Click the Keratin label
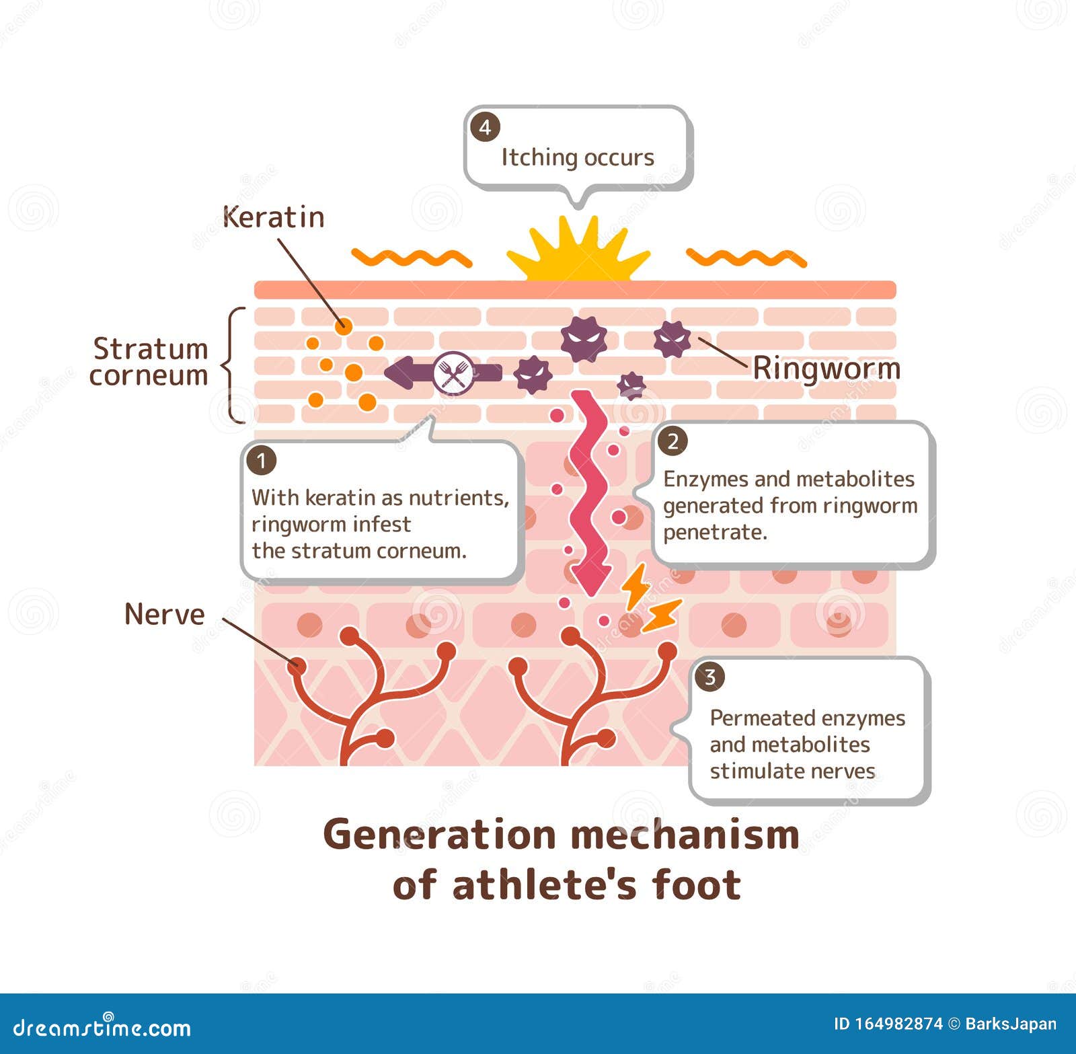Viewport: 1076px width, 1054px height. click(273, 217)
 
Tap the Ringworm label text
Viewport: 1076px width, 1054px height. click(826, 369)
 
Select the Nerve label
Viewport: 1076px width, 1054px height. click(165, 614)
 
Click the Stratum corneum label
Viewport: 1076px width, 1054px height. click(149, 362)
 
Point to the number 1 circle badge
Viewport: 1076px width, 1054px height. click(262, 461)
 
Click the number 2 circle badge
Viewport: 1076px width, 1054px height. click(672, 442)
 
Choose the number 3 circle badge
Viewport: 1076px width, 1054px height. click(709, 677)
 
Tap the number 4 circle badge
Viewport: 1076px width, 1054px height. click(485, 127)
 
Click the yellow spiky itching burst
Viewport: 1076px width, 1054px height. click(578, 250)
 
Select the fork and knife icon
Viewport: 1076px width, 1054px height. click(453, 373)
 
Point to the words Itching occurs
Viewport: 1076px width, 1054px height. click(578, 157)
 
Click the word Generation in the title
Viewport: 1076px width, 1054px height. click(440, 835)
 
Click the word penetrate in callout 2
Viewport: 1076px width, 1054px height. click(714, 532)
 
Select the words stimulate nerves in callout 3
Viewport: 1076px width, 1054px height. click(792, 771)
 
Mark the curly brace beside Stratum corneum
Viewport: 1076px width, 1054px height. click(232, 365)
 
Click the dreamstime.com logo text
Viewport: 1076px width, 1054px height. click(102, 1027)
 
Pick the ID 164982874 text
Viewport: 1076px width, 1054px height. click(888, 1024)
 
